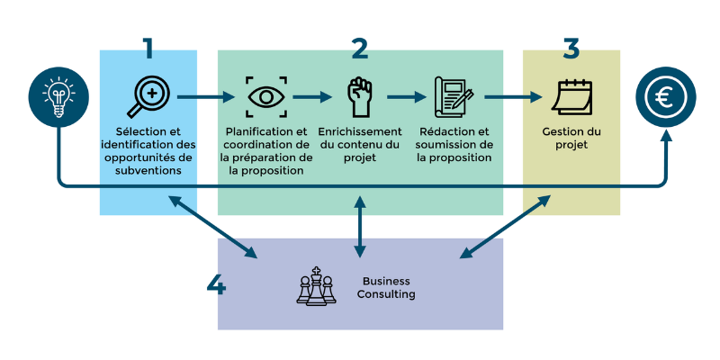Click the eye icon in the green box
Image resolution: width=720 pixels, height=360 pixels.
266,96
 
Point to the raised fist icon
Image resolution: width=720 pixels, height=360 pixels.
360,95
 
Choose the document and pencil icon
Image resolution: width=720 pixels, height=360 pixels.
454,96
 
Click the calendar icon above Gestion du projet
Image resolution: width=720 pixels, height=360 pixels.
571,96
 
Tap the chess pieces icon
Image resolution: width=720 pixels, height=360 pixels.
316,286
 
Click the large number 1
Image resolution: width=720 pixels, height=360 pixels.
148,48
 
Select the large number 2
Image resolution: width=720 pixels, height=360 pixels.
360,48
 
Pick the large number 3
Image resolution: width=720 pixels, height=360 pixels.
571,48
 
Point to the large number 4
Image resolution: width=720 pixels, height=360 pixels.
216,285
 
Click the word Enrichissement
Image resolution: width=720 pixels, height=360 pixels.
360,131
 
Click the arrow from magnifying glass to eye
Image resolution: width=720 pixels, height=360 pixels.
209,96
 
